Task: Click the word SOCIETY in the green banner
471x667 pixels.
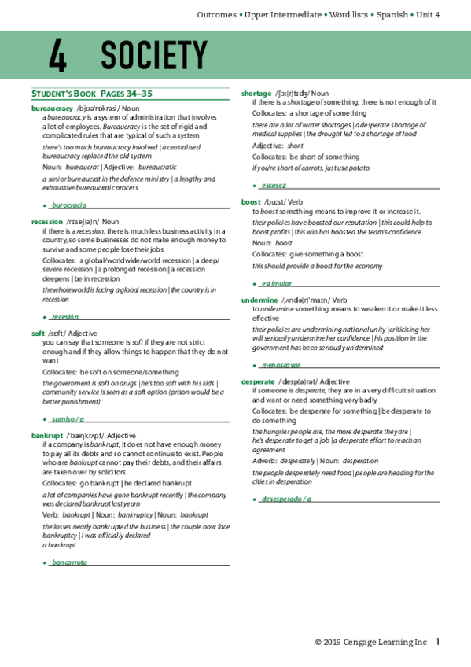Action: click(153, 55)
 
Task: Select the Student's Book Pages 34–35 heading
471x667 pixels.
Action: click(91, 94)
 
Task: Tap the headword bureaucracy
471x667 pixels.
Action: click(52, 108)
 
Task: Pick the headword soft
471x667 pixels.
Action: click(38, 333)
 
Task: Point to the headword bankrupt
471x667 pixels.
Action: click(47, 435)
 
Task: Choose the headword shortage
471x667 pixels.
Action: click(256, 94)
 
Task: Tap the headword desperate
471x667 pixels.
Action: click(258, 381)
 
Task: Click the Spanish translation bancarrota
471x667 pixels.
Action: click(69, 562)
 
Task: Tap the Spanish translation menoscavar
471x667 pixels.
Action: click(281, 365)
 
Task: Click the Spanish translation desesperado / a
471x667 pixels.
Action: click(286, 499)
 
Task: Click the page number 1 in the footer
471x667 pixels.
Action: click(438, 642)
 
